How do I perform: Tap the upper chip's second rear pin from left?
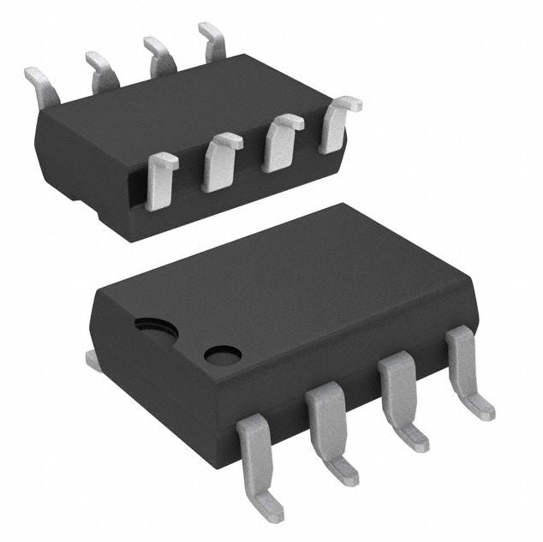(101, 69)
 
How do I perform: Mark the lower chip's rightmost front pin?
(465, 369)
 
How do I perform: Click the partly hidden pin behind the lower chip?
(92, 361)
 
